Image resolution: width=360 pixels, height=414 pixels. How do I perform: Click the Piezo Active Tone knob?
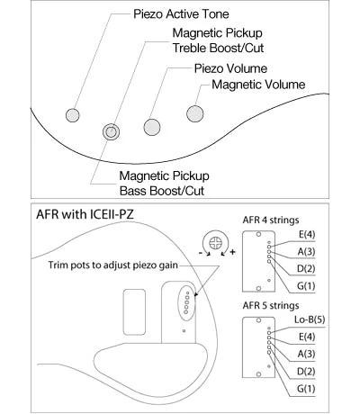pyautogui.click(x=73, y=115)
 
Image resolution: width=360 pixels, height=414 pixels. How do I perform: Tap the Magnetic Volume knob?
pyautogui.click(x=195, y=113)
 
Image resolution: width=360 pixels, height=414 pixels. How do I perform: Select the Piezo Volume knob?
pyautogui.click(x=152, y=127)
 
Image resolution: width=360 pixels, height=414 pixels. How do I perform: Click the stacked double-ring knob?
pyautogui.click(x=111, y=131)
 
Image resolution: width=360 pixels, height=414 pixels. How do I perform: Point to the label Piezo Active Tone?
pyautogui.click(x=181, y=14)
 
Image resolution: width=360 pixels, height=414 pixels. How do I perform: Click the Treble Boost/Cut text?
pyautogui.click(x=218, y=48)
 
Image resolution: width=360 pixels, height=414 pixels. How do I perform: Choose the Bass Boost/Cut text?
pyautogui.click(x=162, y=191)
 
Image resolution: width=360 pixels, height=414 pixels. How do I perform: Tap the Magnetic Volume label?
pyautogui.click(x=258, y=85)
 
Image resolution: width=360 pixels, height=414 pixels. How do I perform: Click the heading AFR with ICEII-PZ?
pyautogui.click(x=85, y=214)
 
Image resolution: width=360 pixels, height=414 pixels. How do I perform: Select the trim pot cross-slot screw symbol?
pyautogui.click(x=215, y=243)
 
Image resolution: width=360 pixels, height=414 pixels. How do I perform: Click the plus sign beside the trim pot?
pyautogui.click(x=232, y=252)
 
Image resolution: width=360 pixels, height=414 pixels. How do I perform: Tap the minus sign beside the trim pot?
pyautogui.click(x=201, y=253)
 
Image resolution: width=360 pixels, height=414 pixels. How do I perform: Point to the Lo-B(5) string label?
pyautogui.click(x=310, y=319)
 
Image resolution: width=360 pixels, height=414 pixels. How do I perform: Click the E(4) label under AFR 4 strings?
pyautogui.click(x=307, y=234)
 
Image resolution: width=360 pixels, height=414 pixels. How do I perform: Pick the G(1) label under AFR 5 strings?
pyautogui.click(x=306, y=389)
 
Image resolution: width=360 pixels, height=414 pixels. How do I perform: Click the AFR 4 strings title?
pyautogui.click(x=271, y=220)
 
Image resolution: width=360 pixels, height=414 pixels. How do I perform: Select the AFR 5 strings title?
pyautogui.click(x=271, y=305)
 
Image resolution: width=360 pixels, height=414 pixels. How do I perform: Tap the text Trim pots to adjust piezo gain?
pyautogui.click(x=113, y=265)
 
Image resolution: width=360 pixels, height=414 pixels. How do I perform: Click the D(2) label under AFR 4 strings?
pyautogui.click(x=306, y=268)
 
